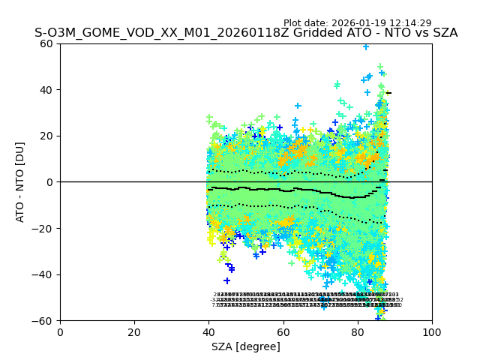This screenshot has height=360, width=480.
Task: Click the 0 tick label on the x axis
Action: click(x=60, y=332)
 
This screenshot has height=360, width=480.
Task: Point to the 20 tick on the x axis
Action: click(x=134, y=332)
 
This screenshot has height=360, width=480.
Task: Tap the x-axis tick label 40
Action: click(x=208, y=332)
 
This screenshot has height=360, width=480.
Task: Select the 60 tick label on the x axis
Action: click(x=283, y=332)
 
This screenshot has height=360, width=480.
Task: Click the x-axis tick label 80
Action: click(x=358, y=332)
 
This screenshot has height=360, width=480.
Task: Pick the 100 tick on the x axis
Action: click(x=432, y=332)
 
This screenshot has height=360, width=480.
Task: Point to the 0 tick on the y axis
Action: click(x=51, y=182)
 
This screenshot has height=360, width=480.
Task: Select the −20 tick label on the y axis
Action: click(x=44, y=229)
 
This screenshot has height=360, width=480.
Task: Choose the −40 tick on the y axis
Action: click(x=44, y=274)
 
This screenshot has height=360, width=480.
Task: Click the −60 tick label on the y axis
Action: click(x=44, y=321)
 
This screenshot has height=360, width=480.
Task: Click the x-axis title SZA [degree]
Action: click(x=246, y=346)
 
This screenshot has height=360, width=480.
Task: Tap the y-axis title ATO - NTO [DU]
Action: click(x=21, y=182)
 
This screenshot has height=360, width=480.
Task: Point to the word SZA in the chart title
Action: click(x=444, y=33)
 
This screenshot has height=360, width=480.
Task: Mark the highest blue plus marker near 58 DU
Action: click(x=366, y=46)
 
